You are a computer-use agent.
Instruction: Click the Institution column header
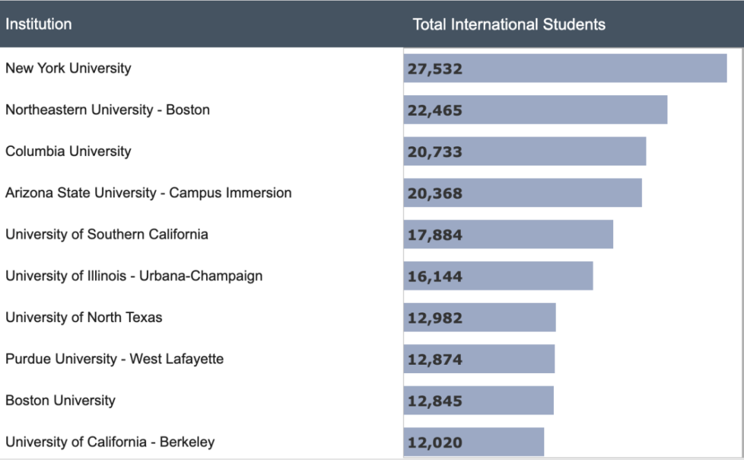click(39, 24)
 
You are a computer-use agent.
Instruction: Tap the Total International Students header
click(509, 25)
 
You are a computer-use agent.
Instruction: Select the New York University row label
click(68, 68)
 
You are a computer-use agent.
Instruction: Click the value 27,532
click(435, 69)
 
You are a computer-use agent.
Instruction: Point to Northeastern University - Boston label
click(107, 110)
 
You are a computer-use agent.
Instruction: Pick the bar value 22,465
click(435, 110)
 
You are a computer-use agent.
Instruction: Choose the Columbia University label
click(68, 151)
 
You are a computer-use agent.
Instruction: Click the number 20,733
click(435, 152)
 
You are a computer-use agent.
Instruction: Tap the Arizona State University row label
click(148, 193)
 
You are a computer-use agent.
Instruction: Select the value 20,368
click(435, 194)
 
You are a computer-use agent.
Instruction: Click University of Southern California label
click(107, 234)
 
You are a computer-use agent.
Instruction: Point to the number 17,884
click(435, 235)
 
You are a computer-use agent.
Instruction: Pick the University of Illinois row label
click(134, 276)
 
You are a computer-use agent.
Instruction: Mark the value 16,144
click(435, 277)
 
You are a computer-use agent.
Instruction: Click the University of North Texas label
click(84, 317)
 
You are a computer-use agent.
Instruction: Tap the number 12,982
click(435, 318)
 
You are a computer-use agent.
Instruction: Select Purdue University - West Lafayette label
click(114, 359)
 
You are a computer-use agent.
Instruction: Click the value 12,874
click(435, 359)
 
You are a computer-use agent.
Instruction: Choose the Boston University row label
click(61, 400)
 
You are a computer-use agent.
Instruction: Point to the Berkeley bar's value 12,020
click(435, 442)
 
